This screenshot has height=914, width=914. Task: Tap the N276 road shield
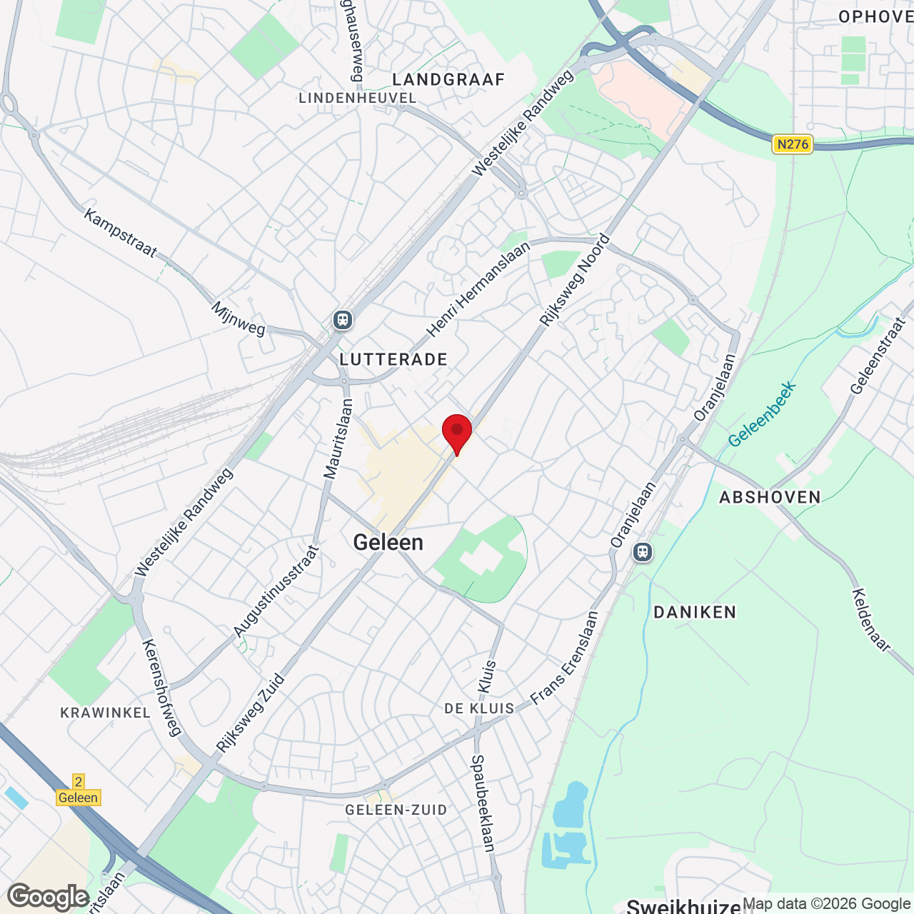[793, 144]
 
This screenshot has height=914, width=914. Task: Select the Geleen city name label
[388, 543]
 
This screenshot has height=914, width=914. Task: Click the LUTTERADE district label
[393, 359]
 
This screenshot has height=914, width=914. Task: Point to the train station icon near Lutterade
[343, 320]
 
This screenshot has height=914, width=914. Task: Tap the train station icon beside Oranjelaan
[643, 552]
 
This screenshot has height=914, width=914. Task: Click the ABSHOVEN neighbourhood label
[770, 497]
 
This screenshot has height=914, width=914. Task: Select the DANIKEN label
[695, 612]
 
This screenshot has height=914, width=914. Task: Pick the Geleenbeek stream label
[762, 414]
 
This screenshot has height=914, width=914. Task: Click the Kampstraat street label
[120, 233]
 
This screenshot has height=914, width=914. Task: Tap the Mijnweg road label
[238, 319]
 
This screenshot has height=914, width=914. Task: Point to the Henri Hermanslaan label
[478, 289]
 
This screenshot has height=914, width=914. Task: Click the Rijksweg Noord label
[575, 281]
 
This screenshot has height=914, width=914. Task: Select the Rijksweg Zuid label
[251, 713]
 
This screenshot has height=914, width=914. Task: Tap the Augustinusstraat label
[276, 591]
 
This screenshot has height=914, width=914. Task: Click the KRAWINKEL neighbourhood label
[106, 713]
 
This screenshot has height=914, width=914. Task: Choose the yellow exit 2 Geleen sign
[79, 790]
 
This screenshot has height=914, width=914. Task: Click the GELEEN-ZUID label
[396, 810]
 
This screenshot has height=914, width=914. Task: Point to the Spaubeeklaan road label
[483, 803]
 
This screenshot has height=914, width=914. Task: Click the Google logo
[49, 897]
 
